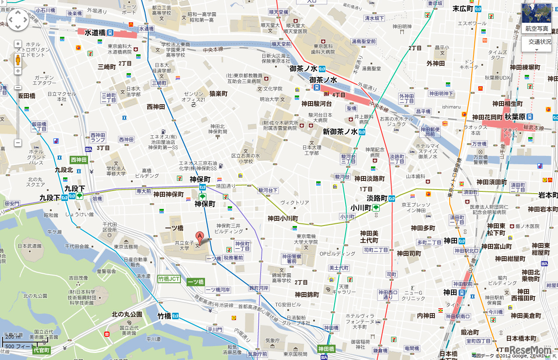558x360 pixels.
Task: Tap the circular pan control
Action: pos(18,20)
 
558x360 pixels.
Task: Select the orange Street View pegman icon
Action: pos(18,59)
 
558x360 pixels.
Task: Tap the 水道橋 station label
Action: pos(95,32)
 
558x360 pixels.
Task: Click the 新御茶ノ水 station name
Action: pos(341,131)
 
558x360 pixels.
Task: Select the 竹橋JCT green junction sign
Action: pos(169,279)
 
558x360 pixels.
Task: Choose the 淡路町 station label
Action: pos(377,198)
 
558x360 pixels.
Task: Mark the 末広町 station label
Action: pos(463,8)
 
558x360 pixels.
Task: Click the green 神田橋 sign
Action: pos(326,349)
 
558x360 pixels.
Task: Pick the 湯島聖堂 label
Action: pos(371,69)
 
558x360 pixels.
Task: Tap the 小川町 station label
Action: pos(361,208)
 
